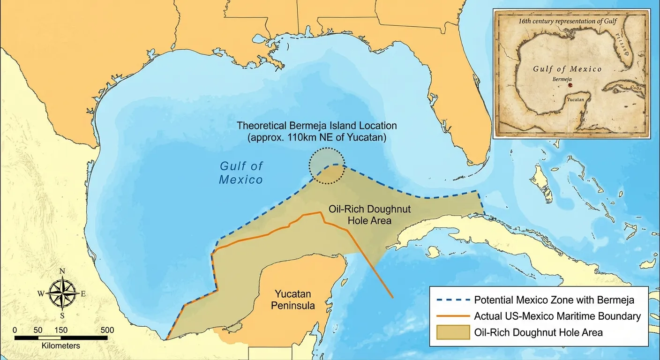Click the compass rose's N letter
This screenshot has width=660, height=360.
62,271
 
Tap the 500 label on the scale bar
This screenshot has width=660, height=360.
107,330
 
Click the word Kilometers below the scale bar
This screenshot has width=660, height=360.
47,345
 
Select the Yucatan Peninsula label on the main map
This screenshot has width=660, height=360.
293,300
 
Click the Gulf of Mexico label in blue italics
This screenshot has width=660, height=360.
241,172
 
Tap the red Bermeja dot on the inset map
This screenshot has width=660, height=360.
570,86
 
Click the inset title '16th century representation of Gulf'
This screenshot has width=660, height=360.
568,21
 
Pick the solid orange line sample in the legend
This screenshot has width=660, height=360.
453,316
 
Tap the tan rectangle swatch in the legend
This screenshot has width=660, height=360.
453,332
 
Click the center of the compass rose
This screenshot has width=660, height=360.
62,293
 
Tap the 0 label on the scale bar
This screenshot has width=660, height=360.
15,330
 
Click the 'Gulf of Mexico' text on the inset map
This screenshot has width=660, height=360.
567,69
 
